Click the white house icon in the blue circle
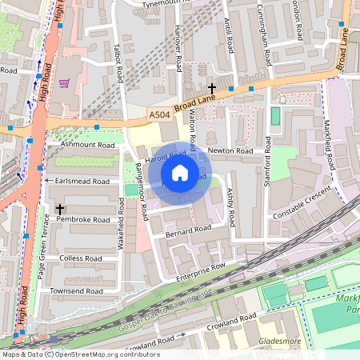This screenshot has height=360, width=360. coord(180,173)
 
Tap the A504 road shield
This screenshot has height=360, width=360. coord(159,117)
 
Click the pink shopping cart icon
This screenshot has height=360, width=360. coord(64,82)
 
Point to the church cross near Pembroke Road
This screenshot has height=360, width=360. coord(60,210)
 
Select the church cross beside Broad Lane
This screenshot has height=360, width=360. coord(212,88)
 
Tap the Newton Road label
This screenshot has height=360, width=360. coord(230,150)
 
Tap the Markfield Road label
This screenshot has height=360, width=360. coord(326,141)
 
